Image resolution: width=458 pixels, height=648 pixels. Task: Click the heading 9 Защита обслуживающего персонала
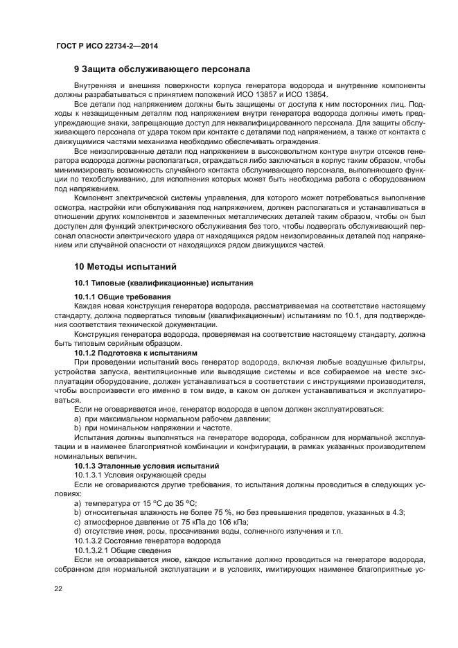(x=162, y=69)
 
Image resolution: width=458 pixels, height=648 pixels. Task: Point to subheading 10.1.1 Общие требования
(x=122, y=297)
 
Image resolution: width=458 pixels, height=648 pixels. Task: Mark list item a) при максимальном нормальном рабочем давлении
(x=172, y=419)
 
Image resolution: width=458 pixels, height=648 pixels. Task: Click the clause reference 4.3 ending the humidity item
(x=398, y=512)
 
